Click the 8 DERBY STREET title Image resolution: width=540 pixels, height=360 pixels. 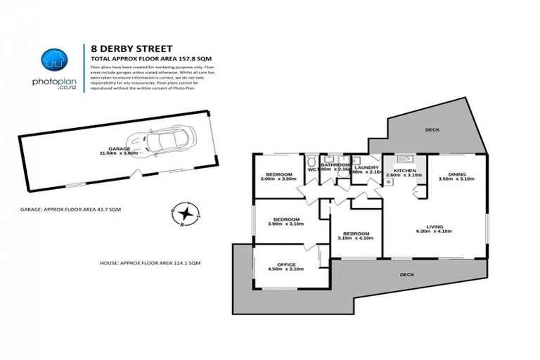(x=132, y=49)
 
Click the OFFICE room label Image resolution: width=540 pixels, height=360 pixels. (x=285, y=264)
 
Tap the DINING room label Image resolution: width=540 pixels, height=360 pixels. (x=457, y=174)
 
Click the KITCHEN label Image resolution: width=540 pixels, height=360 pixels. (x=405, y=171)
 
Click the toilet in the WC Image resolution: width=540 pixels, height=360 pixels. (x=312, y=160)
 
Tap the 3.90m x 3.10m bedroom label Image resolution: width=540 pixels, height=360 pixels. (x=285, y=219)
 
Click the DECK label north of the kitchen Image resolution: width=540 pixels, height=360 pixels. (x=432, y=130)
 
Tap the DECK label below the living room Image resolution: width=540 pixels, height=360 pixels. (x=406, y=274)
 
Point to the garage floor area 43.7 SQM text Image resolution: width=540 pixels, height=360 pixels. (x=71, y=210)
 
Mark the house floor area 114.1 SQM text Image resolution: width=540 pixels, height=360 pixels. (x=150, y=262)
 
